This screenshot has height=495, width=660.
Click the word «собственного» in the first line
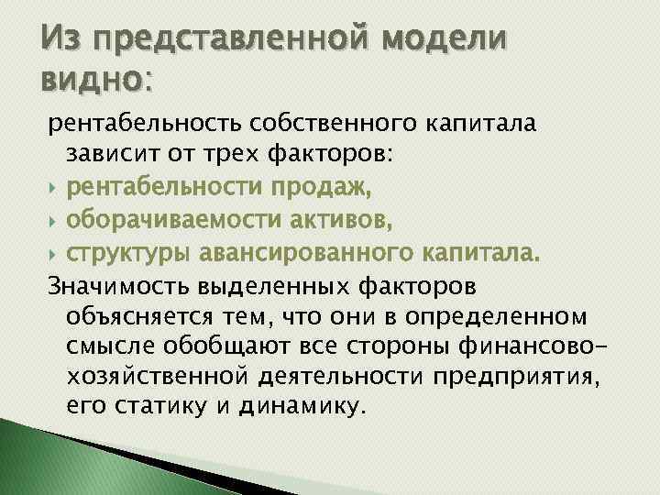pyautogui.click(x=338, y=123)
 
